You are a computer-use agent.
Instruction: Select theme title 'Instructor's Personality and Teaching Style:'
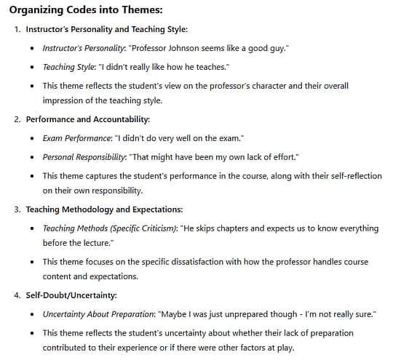106,30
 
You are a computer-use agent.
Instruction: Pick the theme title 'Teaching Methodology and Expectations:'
104,209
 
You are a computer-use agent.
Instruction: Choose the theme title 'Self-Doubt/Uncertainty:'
71,296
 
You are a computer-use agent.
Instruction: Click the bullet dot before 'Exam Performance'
33,137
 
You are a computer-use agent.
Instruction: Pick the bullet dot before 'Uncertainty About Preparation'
33,314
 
